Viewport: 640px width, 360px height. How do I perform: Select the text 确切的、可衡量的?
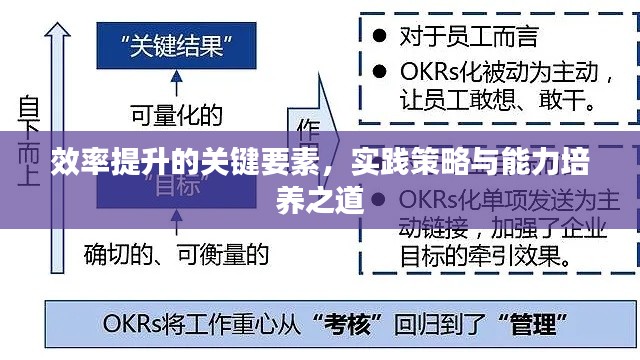(176, 254)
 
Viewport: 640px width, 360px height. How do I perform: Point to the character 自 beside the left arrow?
(29, 104)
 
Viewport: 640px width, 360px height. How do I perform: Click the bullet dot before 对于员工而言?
(379, 37)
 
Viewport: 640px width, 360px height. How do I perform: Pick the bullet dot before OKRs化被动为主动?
(379, 72)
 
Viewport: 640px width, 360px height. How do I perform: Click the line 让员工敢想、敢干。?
(496, 100)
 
